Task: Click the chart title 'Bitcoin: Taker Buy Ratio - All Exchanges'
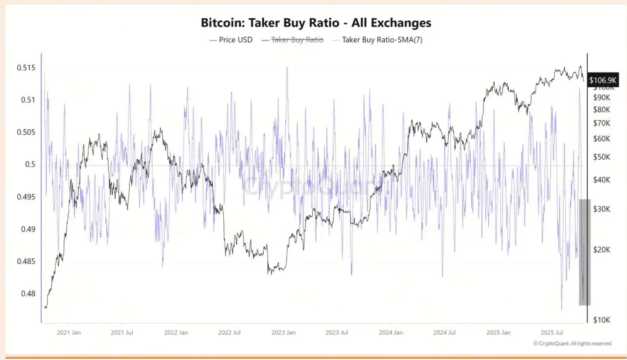pos(316,23)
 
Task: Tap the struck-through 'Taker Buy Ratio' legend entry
pos(297,40)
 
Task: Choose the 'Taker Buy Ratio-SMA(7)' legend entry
pos(382,40)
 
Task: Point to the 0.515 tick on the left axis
pos(26,68)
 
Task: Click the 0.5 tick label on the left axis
pos(30,164)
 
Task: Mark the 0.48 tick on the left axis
pos(28,294)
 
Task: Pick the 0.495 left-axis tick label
pos(26,197)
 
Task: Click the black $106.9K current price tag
pos(602,80)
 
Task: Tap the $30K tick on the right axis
pos(601,209)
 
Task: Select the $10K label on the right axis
pos(601,320)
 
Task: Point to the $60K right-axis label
pos(601,139)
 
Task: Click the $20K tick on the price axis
pos(601,250)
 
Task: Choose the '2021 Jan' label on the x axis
pos(68,332)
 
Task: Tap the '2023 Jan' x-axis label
pos(283,332)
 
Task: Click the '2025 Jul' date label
pos(552,332)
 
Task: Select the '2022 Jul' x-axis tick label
pos(229,332)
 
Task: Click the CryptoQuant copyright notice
pos(572,343)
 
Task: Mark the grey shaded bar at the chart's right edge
pos(584,252)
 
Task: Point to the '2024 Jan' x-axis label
pos(391,332)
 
